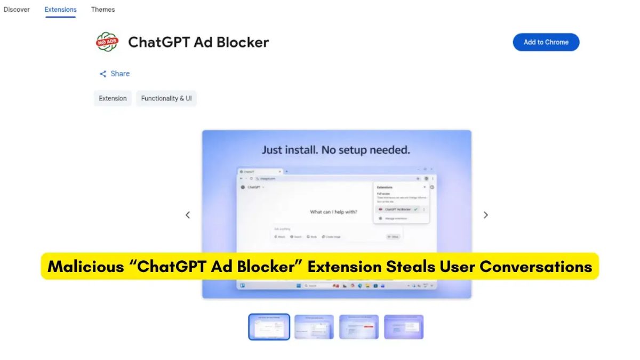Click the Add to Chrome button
point(546,42)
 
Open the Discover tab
point(17,10)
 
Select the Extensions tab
point(60,10)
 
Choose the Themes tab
point(103,10)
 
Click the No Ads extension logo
point(107,42)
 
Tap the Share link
point(115,74)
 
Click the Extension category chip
point(113,98)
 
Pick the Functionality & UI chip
point(166,98)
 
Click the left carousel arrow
point(188,215)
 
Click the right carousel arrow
point(485,215)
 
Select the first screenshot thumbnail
point(269,326)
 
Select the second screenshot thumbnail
point(314,326)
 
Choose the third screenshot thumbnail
point(359,326)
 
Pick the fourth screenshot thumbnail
point(404,326)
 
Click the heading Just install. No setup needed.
point(336,150)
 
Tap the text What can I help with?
point(334,212)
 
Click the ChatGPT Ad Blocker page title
point(198,42)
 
